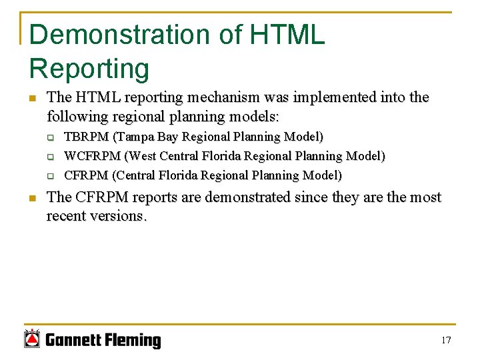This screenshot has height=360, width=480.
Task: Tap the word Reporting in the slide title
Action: pyautogui.click(x=89, y=68)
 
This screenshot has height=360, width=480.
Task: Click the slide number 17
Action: pyautogui.click(x=446, y=341)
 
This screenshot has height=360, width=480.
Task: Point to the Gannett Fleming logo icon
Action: pyautogui.click(x=32, y=339)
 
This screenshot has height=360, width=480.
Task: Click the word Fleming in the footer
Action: pyautogui.click(x=133, y=341)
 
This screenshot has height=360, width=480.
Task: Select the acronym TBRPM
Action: pyautogui.click(x=86, y=137)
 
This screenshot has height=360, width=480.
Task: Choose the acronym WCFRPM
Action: pyautogui.click(x=92, y=156)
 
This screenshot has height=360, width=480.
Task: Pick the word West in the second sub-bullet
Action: pyautogui.click(x=140, y=156)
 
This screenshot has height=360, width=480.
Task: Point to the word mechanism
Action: pyautogui.click(x=223, y=98)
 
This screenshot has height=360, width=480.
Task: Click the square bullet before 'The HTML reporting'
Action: pyautogui.click(x=32, y=99)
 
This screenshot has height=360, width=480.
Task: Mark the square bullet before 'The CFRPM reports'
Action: pyautogui.click(x=32, y=198)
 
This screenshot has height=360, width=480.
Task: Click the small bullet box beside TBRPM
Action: pyautogui.click(x=49, y=137)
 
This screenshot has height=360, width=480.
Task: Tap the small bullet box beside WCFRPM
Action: pyautogui.click(x=49, y=157)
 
